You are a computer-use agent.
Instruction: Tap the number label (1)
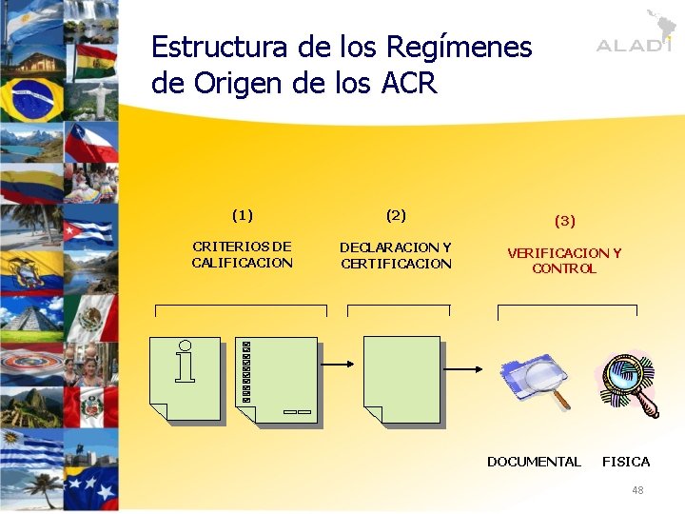pyautogui.click(x=242, y=215)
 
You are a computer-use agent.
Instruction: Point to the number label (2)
pyautogui.click(x=396, y=215)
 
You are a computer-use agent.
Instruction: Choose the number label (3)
pyautogui.click(x=564, y=221)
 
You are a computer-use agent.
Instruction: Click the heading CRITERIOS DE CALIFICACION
pyautogui.click(x=242, y=255)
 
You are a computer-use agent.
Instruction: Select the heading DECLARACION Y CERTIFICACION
pyautogui.click(x=396, y=255)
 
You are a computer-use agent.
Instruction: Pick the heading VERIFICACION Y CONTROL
pyautogui.click(x=564, y=261)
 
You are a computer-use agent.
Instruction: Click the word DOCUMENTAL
pyautogui.click(x=534, y=462)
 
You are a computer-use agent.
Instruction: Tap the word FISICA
pyautogui.click(x=626, y=462)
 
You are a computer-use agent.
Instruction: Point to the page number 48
pyautogui.click(x=637, y=490)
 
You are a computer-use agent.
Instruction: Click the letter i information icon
pyautogui.click(x=185, y=362)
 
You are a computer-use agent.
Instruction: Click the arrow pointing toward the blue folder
pyautogui.click(x=466, y=370)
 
